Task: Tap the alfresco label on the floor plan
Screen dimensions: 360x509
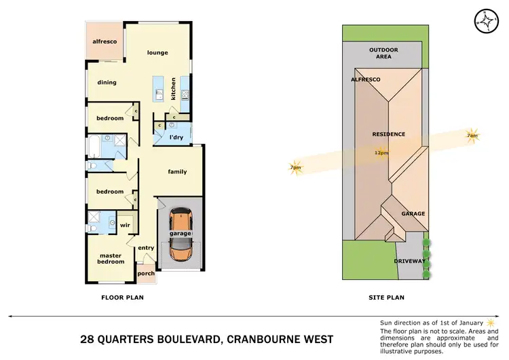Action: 105,41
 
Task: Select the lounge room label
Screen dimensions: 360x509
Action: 157,53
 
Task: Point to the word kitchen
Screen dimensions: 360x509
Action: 174,89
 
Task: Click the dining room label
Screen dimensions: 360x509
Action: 107,83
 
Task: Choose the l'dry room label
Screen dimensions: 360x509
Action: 176,138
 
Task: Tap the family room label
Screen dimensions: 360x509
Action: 177,172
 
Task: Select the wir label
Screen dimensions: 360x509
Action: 125,224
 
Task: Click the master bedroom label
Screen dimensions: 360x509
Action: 111,259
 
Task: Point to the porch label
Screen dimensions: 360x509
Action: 146,274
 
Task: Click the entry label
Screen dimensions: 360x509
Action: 146,248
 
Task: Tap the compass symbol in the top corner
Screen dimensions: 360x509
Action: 486,22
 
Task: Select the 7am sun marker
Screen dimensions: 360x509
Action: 472,135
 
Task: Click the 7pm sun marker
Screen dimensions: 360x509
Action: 295,167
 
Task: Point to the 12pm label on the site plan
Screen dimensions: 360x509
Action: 381,153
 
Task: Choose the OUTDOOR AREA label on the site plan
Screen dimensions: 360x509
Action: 383,54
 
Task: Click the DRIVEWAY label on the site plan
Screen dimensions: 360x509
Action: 410,261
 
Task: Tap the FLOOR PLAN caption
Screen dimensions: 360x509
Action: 122,297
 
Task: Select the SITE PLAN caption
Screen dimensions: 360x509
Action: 385,297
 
